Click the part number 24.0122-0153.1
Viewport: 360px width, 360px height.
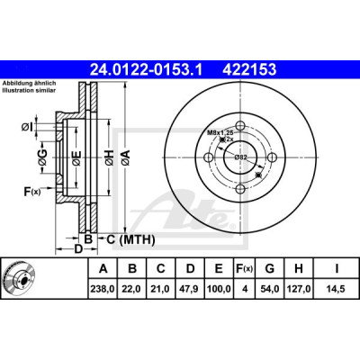pyautogui.click(x=147, y=69)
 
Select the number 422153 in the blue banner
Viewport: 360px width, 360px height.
pyautogui.click(x=248, y=69)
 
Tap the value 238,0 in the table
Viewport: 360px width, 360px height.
pyautogui.click(x=103, y=289)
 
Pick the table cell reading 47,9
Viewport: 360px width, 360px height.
pyautogui.click(x=190, y=289)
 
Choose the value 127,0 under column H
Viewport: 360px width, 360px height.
pyautogui.click(x=299, y=289)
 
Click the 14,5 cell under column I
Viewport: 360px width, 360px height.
pyautogui.click(x=337, y=289)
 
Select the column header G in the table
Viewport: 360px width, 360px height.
pyautogui.click(x=269, y=268)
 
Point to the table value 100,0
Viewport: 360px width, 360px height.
pyautogui.click(x=219, y=289)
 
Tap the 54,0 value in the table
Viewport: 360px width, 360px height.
pyautogui.click(x=269, y=289)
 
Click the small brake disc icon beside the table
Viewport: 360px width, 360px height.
pyautogui.click(x=19, y=277)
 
